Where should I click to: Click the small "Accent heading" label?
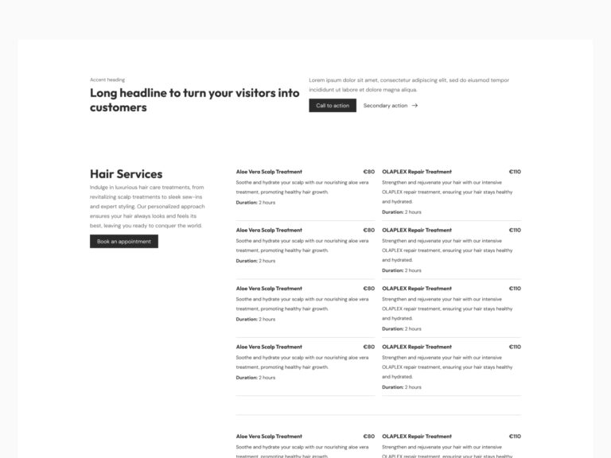point(107,80)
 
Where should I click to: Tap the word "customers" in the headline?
point(118,108)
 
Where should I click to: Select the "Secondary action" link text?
point(385,106)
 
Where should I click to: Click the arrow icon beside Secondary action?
point(414,106)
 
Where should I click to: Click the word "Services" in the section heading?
point(139,174)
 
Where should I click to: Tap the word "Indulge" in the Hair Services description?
point(99,188)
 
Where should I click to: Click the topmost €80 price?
point(368,172)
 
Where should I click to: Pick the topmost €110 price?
point(515,172)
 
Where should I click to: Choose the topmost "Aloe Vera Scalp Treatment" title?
point(269,172)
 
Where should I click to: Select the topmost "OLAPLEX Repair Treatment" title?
point(416,172)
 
